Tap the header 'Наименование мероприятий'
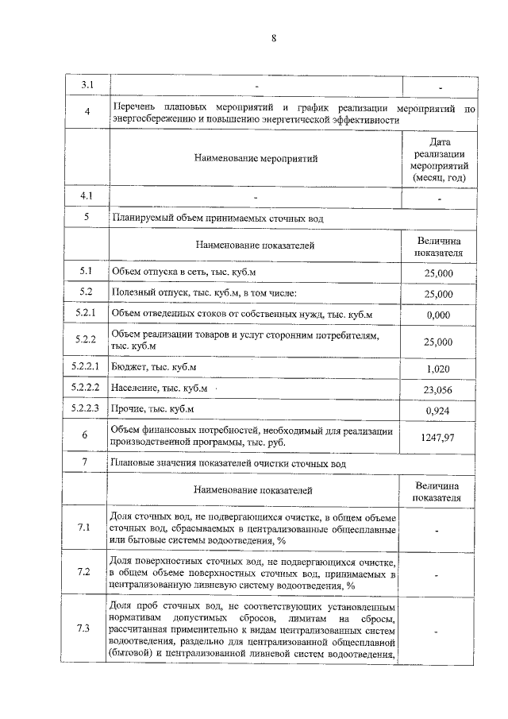click(256, 158)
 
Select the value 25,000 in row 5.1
click(439, 273)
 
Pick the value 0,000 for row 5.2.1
click(439, 315)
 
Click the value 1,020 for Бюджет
click(439, 369)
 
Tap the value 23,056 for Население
click(439, 389)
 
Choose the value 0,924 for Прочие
click(439, 411)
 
